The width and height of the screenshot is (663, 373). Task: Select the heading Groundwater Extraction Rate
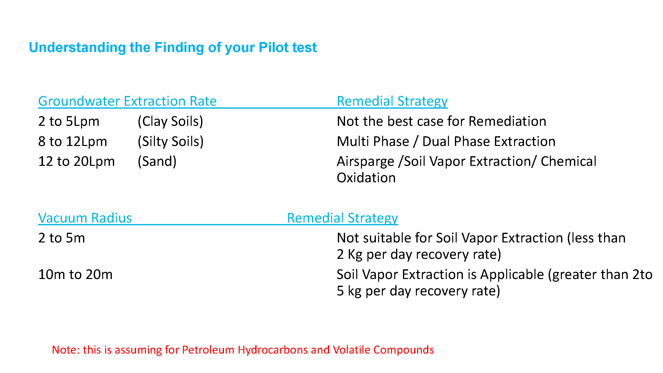tap(127, 101)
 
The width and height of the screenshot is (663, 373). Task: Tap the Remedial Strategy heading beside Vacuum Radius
tap(342, 218)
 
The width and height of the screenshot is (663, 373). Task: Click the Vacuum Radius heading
tap(85, 218)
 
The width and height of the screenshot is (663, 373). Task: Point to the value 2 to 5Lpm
tap(69, 121)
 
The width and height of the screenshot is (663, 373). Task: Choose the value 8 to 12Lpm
tap(73, 141)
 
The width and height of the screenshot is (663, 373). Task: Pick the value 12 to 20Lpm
tap(76, 161)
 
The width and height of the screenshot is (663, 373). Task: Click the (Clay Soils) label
tap(170, 122)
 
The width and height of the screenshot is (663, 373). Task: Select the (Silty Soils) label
tap(171, 141)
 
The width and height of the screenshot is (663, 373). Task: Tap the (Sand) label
tap(157, 162)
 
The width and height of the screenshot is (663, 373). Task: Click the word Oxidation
tap(366, 178)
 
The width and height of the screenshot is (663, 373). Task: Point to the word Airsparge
tap(365, 162)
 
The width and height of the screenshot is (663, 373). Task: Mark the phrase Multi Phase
tap(373, 141)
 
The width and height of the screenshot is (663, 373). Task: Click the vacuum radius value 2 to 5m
tap(61, 238)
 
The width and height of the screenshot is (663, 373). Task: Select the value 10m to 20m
tap(75, 275)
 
